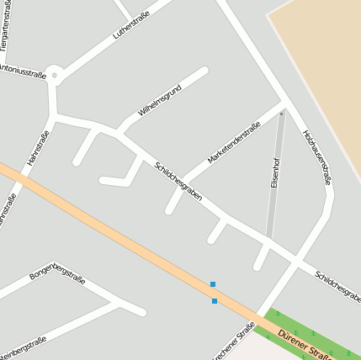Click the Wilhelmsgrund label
click(160, 103)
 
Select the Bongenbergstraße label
click(57, 271)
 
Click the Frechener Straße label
click(234, 342)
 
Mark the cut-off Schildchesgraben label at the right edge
click(337, 286)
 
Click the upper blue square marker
click(213, 284)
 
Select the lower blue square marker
click(215, 300)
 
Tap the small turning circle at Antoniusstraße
click(55, 76)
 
